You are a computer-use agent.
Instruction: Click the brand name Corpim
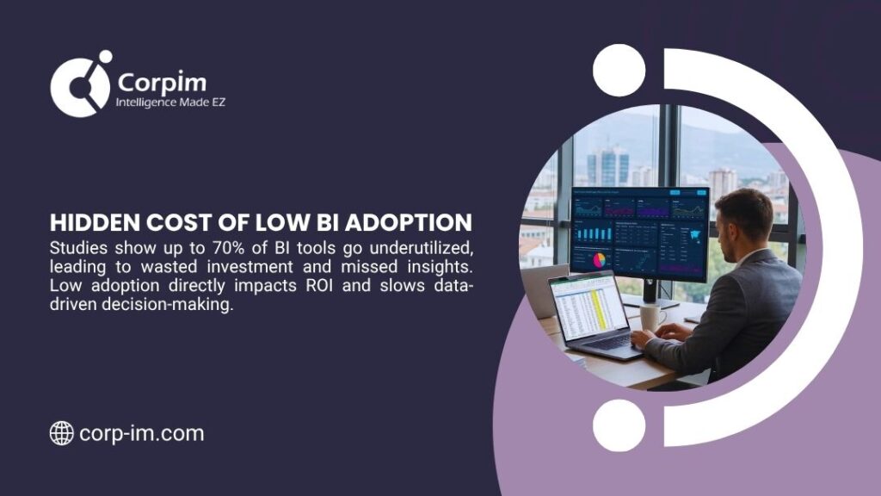pyautogui.click(x=161, y=83)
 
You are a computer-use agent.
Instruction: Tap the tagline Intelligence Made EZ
pyautogui.click(x=170, y=103)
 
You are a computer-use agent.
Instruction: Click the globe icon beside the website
pyautogui.click(x=61, y=433)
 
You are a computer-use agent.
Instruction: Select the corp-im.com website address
pyautogui.click(x=142, y=433)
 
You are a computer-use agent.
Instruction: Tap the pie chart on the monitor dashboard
pyautogui.click(x=598, y=259)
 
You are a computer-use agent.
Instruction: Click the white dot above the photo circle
pyautogui.click(x=619, y=70)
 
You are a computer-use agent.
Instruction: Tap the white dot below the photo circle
pyautogui.click(x=619, y=425)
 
